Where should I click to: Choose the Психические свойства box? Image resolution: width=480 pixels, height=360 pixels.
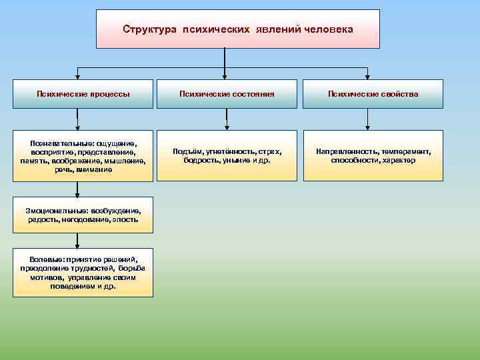(x=373, y=95)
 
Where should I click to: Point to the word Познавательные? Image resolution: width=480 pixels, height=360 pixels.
(x=61, y=143)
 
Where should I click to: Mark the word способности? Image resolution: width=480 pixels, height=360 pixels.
(x=353, y=160)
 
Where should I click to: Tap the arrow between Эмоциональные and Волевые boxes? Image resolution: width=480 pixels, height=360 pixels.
(x=78, y=240)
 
